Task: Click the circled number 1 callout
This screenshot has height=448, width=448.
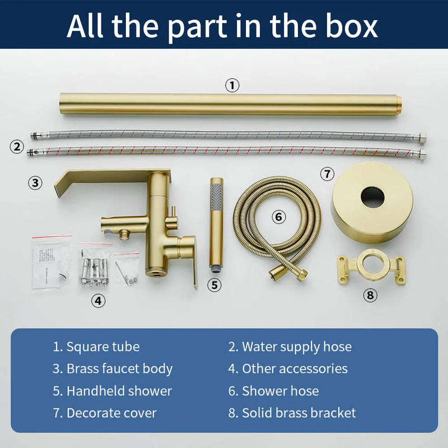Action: [x=232, y=85]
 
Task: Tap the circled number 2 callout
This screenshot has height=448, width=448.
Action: [x=17, y=147]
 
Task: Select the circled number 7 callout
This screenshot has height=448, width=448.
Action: [x=327, y=174]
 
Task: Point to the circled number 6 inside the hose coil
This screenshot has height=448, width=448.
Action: [x=278, y=217]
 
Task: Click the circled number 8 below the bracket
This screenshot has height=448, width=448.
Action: [x=370, y=295]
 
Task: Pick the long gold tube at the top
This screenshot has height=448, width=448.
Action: [x=230, y=104]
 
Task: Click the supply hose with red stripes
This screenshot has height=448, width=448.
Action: [x=226, y=151]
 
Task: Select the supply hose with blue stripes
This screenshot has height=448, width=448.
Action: [x=228, y=135]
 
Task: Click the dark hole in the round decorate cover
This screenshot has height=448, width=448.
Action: [x=372, y=197]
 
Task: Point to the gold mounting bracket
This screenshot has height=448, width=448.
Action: [x=371, y=267]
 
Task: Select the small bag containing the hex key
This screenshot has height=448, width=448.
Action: [x=127, y=269]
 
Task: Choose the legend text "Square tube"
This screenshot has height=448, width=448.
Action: [x=103, y=347]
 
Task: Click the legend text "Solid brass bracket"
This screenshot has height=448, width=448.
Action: [x=299, y=413]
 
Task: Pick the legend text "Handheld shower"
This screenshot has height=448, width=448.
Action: [x=119, y=391]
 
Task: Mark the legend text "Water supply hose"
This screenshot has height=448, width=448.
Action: [x=297, y=347]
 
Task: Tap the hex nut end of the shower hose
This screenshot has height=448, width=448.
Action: [x=301, y=276]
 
